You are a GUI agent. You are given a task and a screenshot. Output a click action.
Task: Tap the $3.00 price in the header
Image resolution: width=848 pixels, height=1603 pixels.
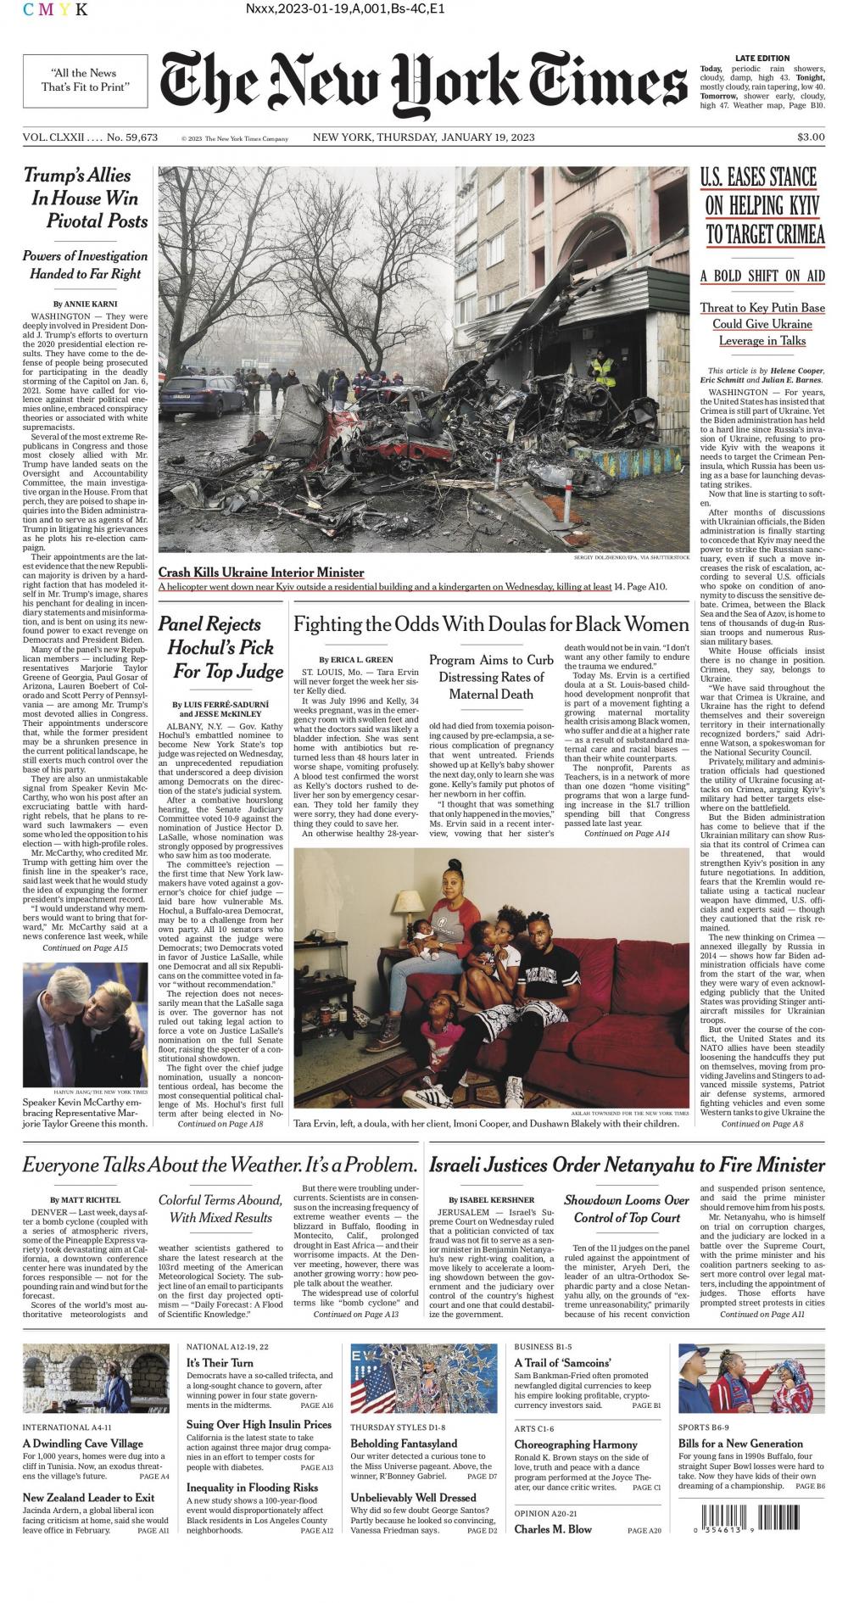coord(810,137)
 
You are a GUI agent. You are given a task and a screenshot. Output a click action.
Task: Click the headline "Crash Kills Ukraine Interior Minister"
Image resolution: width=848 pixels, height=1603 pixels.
coord(261,572)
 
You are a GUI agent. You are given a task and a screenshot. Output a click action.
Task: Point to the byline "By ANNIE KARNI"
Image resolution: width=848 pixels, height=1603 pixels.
coord(85,304)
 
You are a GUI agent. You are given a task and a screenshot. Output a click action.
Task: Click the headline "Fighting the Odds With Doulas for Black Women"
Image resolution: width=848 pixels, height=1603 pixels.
coord(491,625)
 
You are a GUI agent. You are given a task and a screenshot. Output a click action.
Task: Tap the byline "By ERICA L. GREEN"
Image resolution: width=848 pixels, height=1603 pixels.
coord(355,659)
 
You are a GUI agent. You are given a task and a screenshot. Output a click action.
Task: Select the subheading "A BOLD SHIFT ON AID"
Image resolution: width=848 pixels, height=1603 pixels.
coord(762,276)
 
